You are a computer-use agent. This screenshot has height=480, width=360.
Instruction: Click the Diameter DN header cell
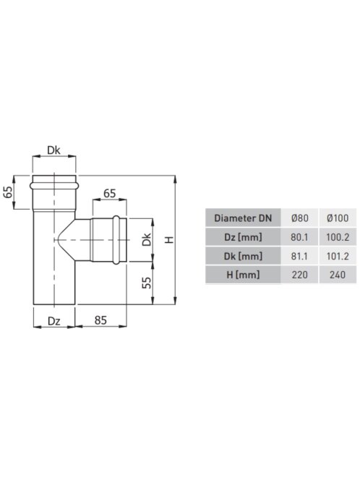click(x=243, y=218)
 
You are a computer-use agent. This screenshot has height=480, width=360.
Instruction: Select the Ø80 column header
click(x=300, y=218)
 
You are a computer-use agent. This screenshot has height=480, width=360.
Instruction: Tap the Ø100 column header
click(x=338, y=218)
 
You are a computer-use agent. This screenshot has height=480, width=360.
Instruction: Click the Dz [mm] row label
click(x=243, y=237)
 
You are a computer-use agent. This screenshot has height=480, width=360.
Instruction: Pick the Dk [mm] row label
click(x=243, y=256)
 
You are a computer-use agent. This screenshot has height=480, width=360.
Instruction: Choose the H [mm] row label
click(x=243, y=275)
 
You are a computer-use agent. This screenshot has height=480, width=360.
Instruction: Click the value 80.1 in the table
click(x=300, y=237)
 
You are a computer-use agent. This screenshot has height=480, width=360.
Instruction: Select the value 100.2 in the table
click(x=338, y=237)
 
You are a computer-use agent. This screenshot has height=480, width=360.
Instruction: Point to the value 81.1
click(x=300, y=256)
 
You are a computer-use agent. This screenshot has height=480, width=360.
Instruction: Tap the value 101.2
click(x=338, y=256)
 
